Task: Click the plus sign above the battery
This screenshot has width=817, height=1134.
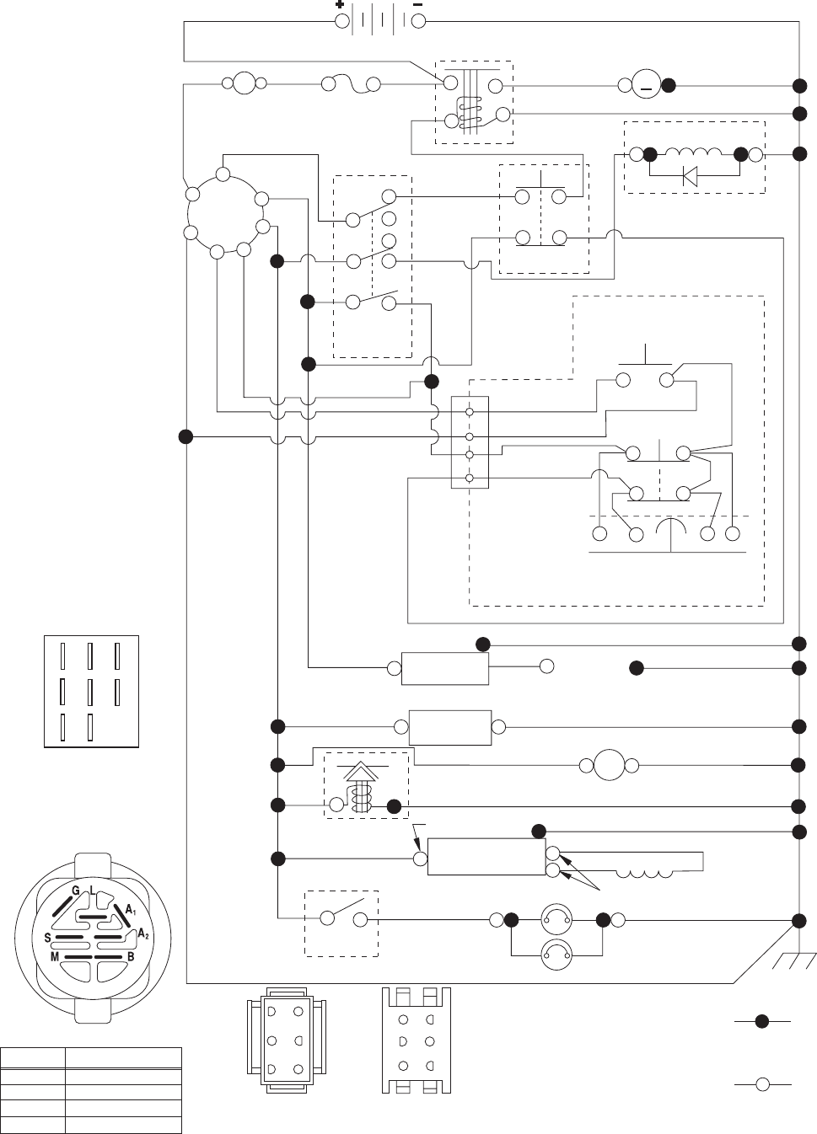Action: coord(340,5)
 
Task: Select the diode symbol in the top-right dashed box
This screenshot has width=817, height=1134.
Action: coord(689,177)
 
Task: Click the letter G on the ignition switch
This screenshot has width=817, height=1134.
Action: coord(75,891)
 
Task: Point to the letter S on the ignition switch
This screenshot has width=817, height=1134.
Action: coord(49,938)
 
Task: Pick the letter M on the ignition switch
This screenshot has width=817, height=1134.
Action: coord(55,957)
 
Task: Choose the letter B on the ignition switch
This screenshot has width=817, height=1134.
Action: coord(131,957)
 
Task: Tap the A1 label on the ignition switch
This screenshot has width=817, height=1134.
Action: coord(131,909)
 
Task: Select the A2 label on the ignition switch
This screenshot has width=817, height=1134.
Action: coord(142,934)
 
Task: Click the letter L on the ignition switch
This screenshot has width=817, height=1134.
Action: coord(92,891)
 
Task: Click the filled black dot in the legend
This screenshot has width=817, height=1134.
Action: coord(761,1022)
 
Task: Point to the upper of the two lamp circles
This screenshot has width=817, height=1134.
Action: coord(556,919)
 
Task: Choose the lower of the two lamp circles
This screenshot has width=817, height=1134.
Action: coord(556,955)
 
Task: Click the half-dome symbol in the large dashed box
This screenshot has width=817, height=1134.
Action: coord(671,531)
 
